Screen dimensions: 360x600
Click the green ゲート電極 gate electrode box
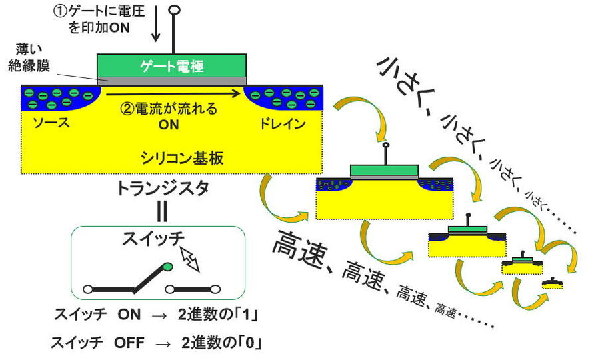pos(172,65)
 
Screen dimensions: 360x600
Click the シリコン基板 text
pos(181,157)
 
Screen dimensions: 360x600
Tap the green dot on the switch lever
pos(167,267)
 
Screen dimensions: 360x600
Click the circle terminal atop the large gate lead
pos(175,10)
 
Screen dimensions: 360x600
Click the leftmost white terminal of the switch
pos(87,290)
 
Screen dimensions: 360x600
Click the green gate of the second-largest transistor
pos(386,170)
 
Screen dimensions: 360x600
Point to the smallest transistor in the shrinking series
pos(552,283)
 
